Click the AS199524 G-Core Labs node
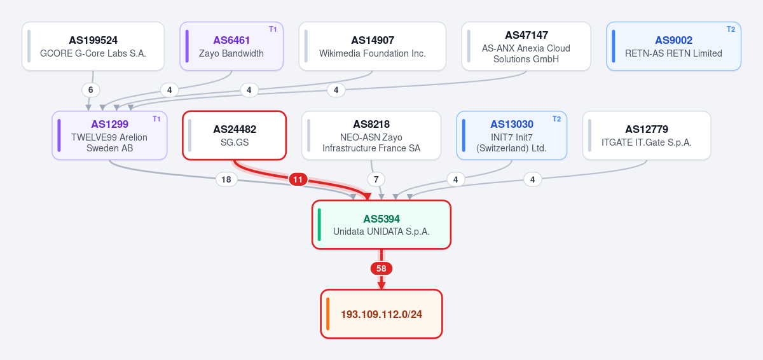coord(93,46)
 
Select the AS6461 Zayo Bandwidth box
coord(231,46)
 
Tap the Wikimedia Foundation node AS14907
coord(373,46)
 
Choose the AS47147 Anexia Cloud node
coord(526,46)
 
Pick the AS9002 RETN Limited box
coord(673,46)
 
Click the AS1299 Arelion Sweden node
coord(109,135)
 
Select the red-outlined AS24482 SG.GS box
coord(235,135)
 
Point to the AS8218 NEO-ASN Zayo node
coord(371,135)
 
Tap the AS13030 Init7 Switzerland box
coord(512,135)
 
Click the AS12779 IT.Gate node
coord(647,135)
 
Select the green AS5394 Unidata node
coord(381,225)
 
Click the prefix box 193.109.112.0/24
coord(381,314)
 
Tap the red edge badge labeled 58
coord(381,268)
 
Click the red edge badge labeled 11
coord(298,179)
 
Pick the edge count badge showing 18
coord(226,179)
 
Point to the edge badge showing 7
coord(376,179)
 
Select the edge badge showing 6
coord(90,90)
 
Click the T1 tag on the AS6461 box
coord(273,29)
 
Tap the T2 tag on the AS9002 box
coord(731,29)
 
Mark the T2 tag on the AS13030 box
coord(556,119)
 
